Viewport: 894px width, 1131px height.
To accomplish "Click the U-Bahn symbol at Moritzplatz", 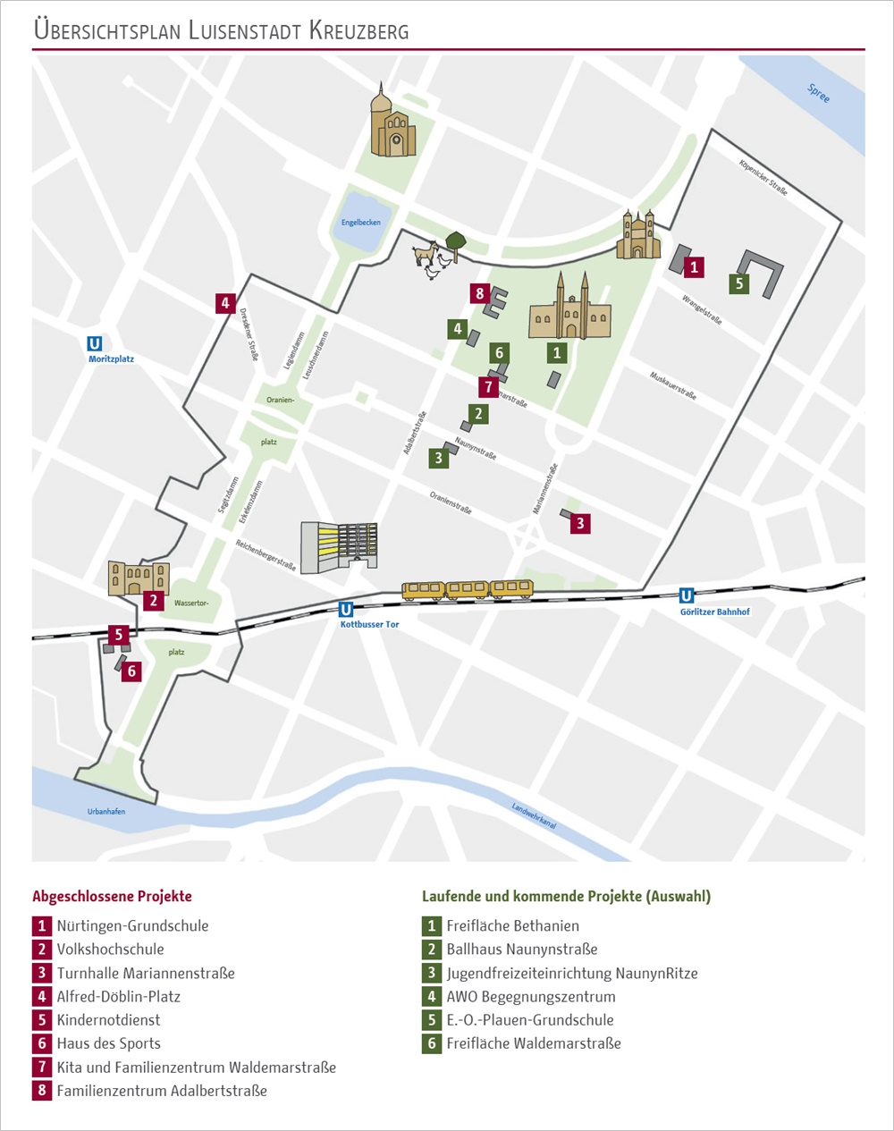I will (x=94, y=343).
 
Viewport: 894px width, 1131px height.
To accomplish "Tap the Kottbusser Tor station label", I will (x=369, y=624).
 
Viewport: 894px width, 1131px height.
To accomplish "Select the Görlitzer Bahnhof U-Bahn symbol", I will (x=687, y=595).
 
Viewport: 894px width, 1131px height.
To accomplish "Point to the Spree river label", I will (x=818, y=93).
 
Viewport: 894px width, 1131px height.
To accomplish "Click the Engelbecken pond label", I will (x=360, y=223).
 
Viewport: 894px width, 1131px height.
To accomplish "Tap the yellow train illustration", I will (x=468, y=589).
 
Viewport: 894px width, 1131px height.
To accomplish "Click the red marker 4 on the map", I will (x=225, y=303).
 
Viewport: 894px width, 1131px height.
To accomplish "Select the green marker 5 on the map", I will (x=738, y=284).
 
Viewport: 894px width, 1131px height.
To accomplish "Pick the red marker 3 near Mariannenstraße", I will (x=580, y=523).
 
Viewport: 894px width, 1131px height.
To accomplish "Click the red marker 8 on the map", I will (x=480, y=293).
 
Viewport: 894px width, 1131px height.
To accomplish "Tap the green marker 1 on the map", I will (x=557, y=352).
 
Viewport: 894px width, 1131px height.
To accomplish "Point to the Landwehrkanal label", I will (x=534, y=815).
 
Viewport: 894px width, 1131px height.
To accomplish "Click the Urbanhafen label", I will (x=106, y=811).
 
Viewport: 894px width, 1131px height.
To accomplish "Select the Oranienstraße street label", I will (x=450, y=502).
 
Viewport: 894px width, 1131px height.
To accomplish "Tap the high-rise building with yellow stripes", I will (x=339, y=546).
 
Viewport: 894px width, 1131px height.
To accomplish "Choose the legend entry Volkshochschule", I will (x=110, y=950).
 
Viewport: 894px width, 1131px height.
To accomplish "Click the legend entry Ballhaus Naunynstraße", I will (x=522, y=950).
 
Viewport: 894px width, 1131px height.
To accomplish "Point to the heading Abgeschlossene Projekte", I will (x=112, y=896).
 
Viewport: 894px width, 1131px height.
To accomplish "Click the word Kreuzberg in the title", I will (x=359, y=30).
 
